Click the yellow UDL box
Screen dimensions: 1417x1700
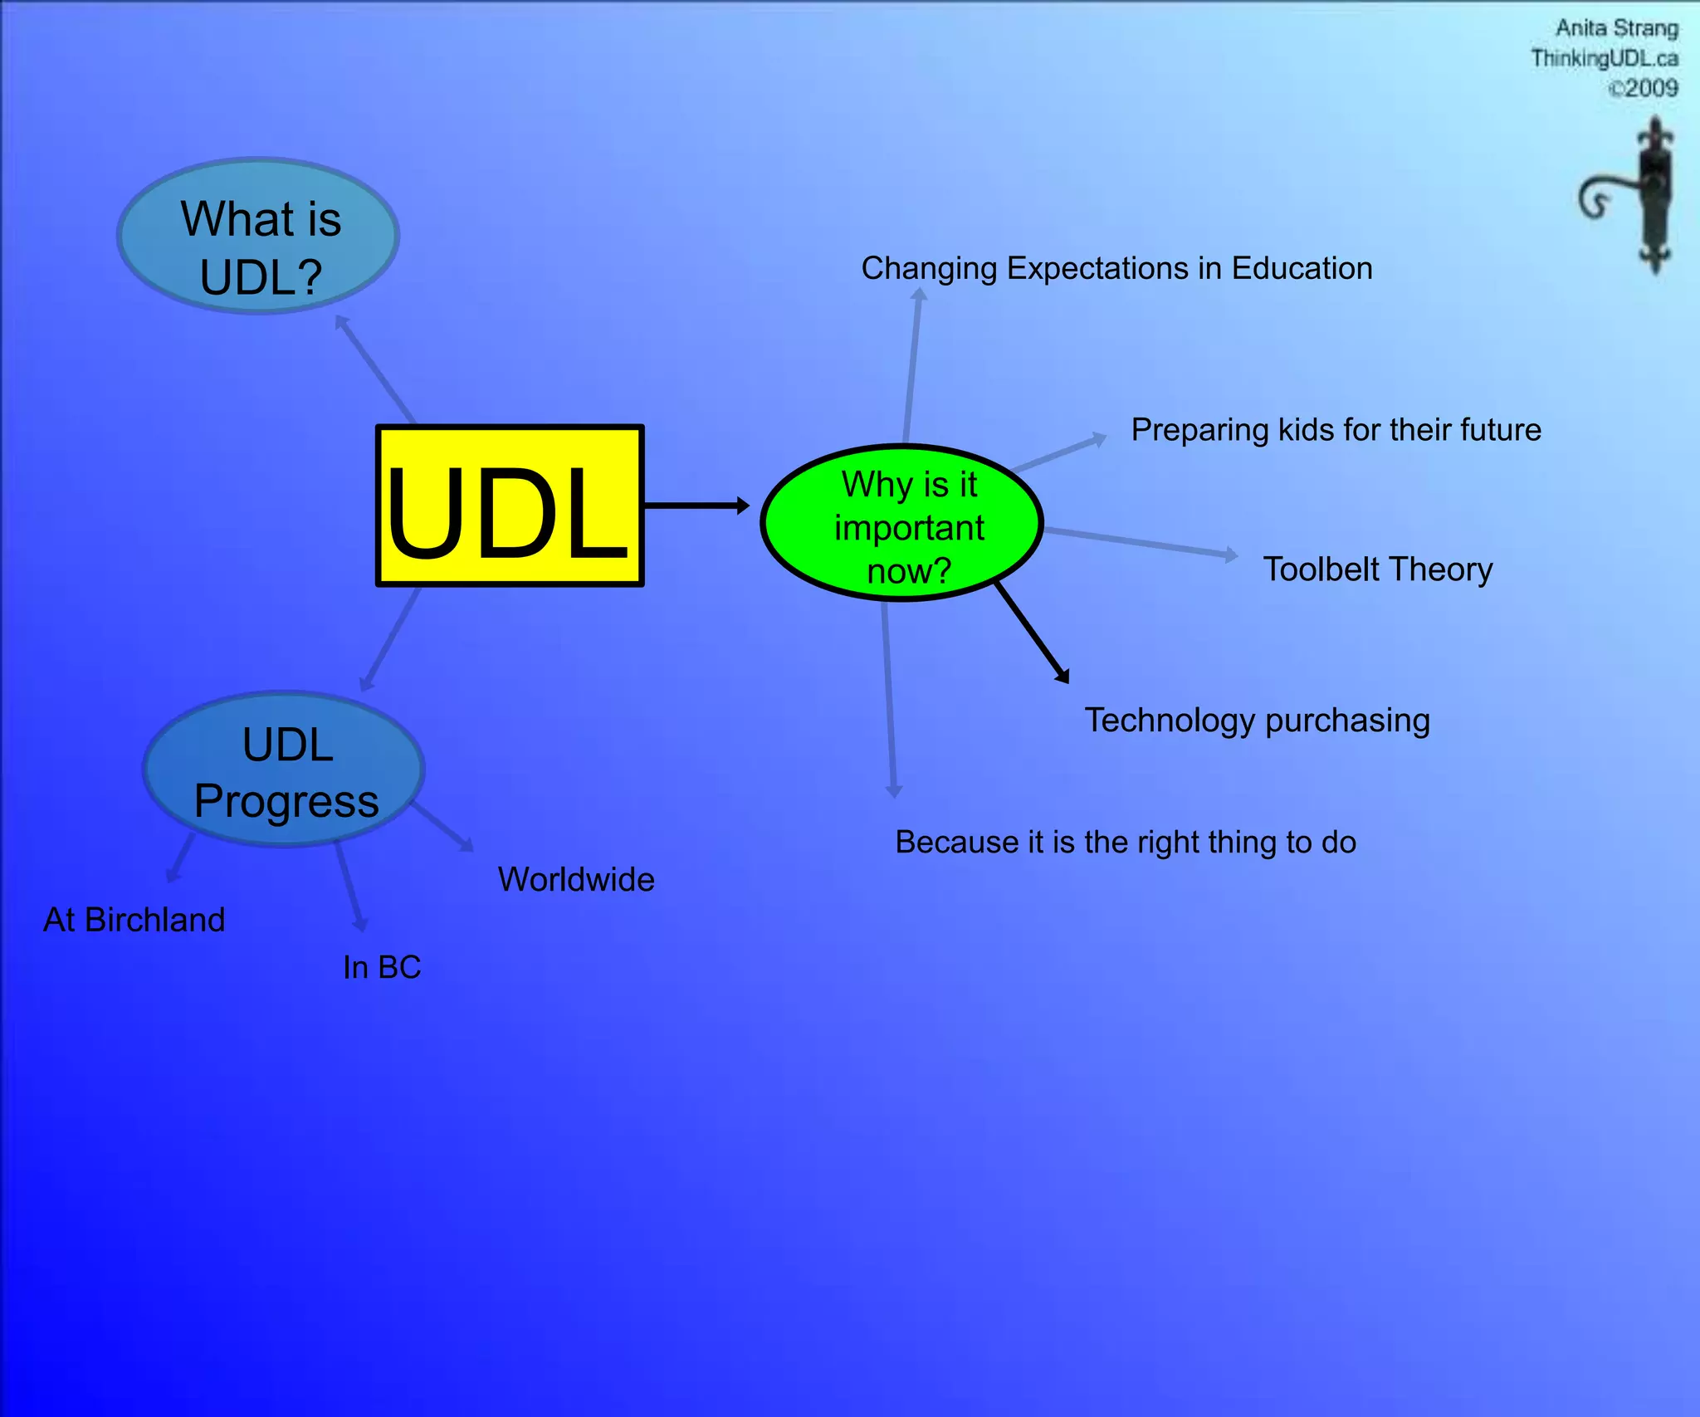click(x=510, y=506)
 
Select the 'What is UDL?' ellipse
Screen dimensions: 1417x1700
click(x=258, y=236)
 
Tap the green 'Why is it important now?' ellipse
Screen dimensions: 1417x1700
click(x=902, y=524)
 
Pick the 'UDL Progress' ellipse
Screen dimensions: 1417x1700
click(x=284, y=770)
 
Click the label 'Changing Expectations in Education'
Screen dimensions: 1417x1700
click(x=1116, y=268)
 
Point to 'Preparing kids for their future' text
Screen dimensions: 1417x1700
click(x=1336, y=430)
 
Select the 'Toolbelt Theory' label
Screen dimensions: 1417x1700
click(x=1377, y=569)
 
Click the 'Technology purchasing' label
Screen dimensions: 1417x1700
click(x=1257, y=721)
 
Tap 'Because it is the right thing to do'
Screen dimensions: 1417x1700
click(x=1125, y=843)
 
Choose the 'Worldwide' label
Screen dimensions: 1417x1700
click(x=576, y=880)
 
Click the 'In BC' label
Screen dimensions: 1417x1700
click(x=382, y=967)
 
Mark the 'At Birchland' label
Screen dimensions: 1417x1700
click(x=134, y=920)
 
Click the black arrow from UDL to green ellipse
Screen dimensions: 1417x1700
click(x=696, y=505)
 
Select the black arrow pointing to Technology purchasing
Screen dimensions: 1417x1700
click(x=1032, y=633)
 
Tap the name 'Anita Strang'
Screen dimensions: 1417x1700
click(x=1616, y=29)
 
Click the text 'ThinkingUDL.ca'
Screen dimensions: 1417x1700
click(x=1604, y=58)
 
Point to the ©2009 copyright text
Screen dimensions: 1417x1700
click(x=1643, y=88)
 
